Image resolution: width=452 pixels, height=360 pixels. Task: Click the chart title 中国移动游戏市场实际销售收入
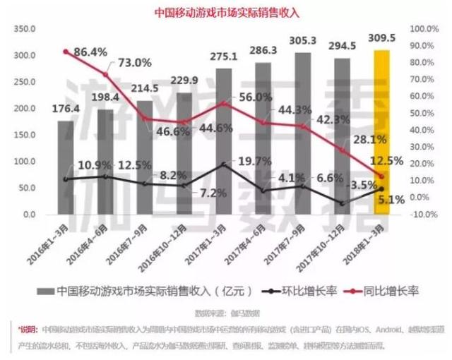pyautogui.click(x=227, y=12)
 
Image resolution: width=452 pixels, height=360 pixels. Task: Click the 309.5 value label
pyautogui.click(x=381, y=37)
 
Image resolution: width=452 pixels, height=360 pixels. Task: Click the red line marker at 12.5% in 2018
pyautogui.click(x=381, y=176)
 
